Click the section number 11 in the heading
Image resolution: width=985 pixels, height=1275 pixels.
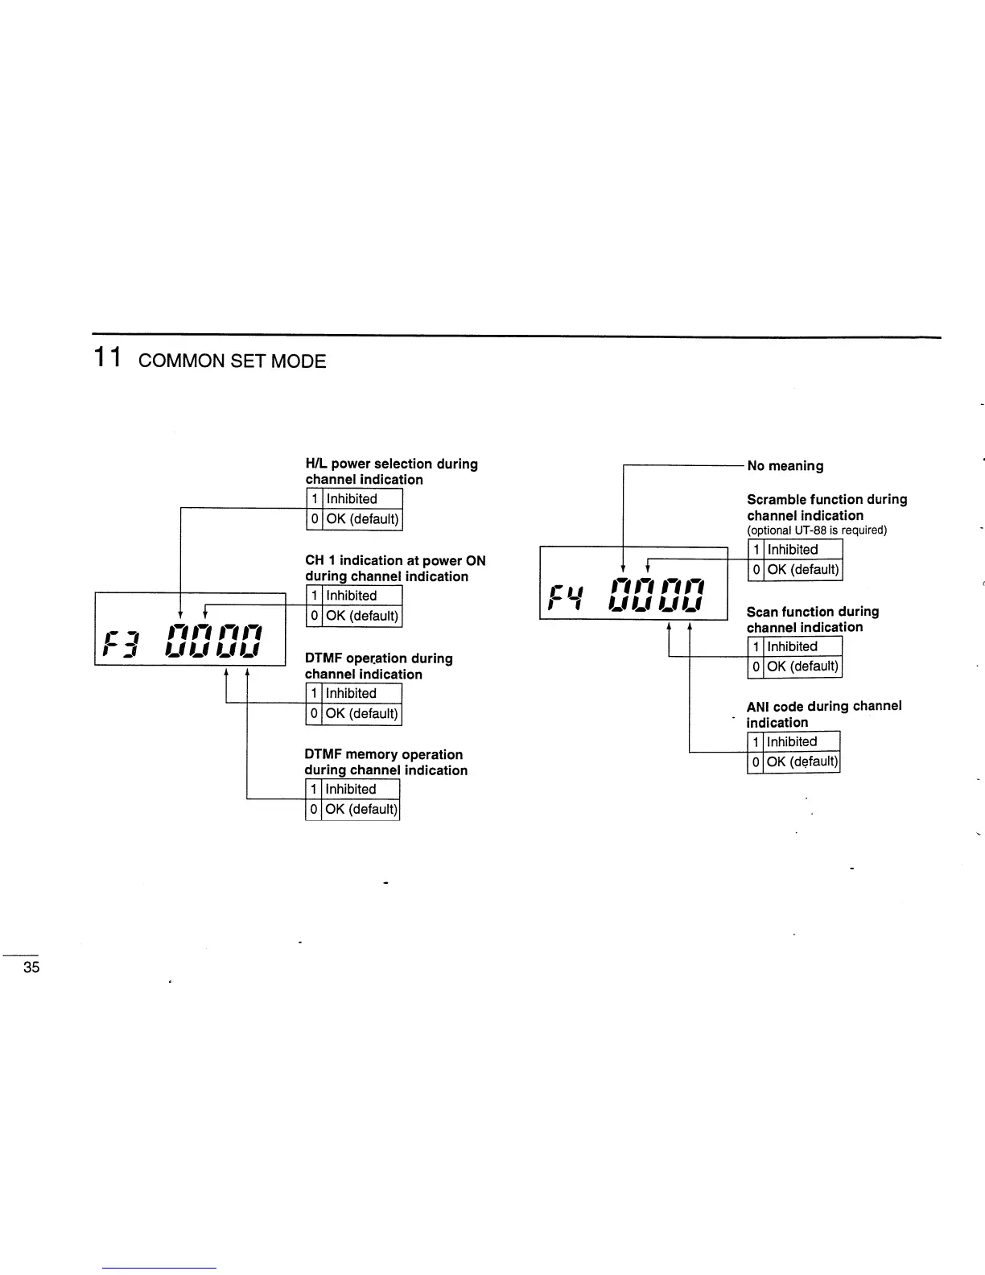pyautogui.click(x=107, y=357)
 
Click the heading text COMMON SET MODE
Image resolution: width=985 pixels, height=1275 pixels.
pyautogui.click(x=232, y=361)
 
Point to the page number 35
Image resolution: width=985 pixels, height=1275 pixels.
pyautogui.click(x=31, y=968)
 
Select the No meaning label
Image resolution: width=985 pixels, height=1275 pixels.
pyautogui.click(x=785, y=466)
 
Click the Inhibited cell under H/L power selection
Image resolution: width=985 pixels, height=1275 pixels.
pyautogui.click(x=362, y=499)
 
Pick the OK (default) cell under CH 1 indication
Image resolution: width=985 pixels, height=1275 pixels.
pyautogui.click(x=362, y=616)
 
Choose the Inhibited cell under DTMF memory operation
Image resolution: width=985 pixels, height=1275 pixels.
pyautogui.click(x=361, y=790)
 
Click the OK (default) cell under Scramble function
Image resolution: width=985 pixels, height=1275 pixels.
pyautogui.click(x=802, y=570)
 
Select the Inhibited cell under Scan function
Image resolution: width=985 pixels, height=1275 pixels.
pyautogui.click(x=802, y=646)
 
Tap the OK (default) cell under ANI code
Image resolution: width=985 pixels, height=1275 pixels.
pyautogui.click(x=802, y=761)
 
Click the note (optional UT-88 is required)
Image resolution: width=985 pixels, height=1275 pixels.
pyautogui.click(x=817, y=530)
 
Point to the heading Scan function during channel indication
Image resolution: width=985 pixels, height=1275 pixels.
pyautogui.click(x=812, y=620)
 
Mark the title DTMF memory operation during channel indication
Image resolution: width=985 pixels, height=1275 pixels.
pyautogui.click(x=385, y=762)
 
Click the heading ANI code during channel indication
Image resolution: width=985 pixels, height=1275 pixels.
pyautogui.click(x=823, y=714)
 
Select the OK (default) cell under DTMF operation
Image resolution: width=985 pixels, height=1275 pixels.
pyautogui.click(x=361, y=714)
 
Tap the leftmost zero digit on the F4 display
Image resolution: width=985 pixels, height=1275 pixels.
pyautogui.click(x=623, y=596)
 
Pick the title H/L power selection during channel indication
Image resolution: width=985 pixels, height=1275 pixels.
pyautogui.click(x=391, y=472)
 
